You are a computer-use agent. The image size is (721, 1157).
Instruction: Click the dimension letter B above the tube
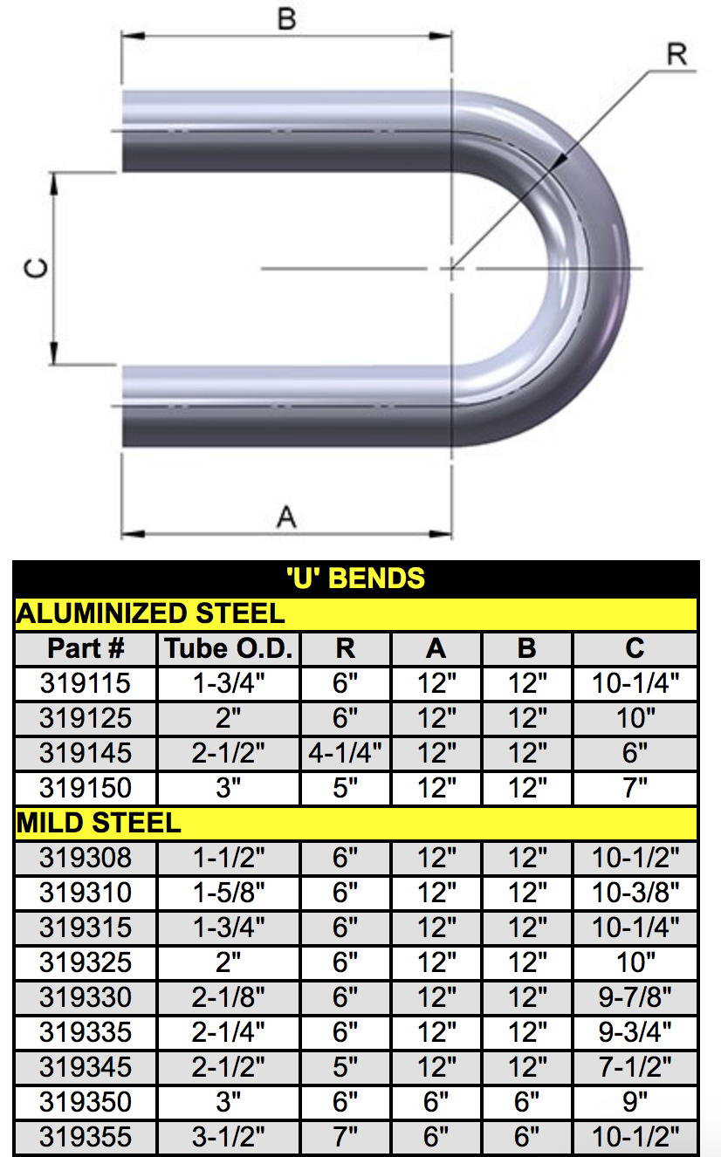tap(286, 18)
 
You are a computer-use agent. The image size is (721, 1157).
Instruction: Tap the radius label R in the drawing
tap(676, 54)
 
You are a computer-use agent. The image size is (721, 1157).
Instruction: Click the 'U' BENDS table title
tap(356, 578)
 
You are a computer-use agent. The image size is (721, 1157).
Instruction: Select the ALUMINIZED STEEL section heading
tap(150, 613)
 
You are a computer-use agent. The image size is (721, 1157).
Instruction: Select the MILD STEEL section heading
tap(99, 823)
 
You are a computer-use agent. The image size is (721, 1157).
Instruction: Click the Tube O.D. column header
tap(229, 648)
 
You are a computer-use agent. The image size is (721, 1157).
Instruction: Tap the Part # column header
tap(86, 648)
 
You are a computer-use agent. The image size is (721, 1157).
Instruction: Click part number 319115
tap(86, 683)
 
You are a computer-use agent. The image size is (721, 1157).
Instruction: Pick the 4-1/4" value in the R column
tap(346, 753)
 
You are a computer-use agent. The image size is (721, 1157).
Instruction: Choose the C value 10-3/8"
tap(635, 893)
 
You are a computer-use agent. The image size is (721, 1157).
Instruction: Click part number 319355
tap(86, 1137)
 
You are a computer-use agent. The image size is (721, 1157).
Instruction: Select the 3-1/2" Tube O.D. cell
tap(229, 1137)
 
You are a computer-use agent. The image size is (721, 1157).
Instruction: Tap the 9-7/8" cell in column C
tap(635, 997)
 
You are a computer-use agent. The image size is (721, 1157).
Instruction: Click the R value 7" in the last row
tap(346, 1137)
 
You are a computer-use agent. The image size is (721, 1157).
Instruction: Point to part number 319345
tap(86, 1067)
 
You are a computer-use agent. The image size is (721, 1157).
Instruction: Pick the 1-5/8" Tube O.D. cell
tap(229, 893)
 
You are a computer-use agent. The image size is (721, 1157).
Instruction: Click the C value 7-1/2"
tap(635, 1067)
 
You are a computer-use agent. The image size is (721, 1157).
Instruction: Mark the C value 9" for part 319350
tap(635, 1102)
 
